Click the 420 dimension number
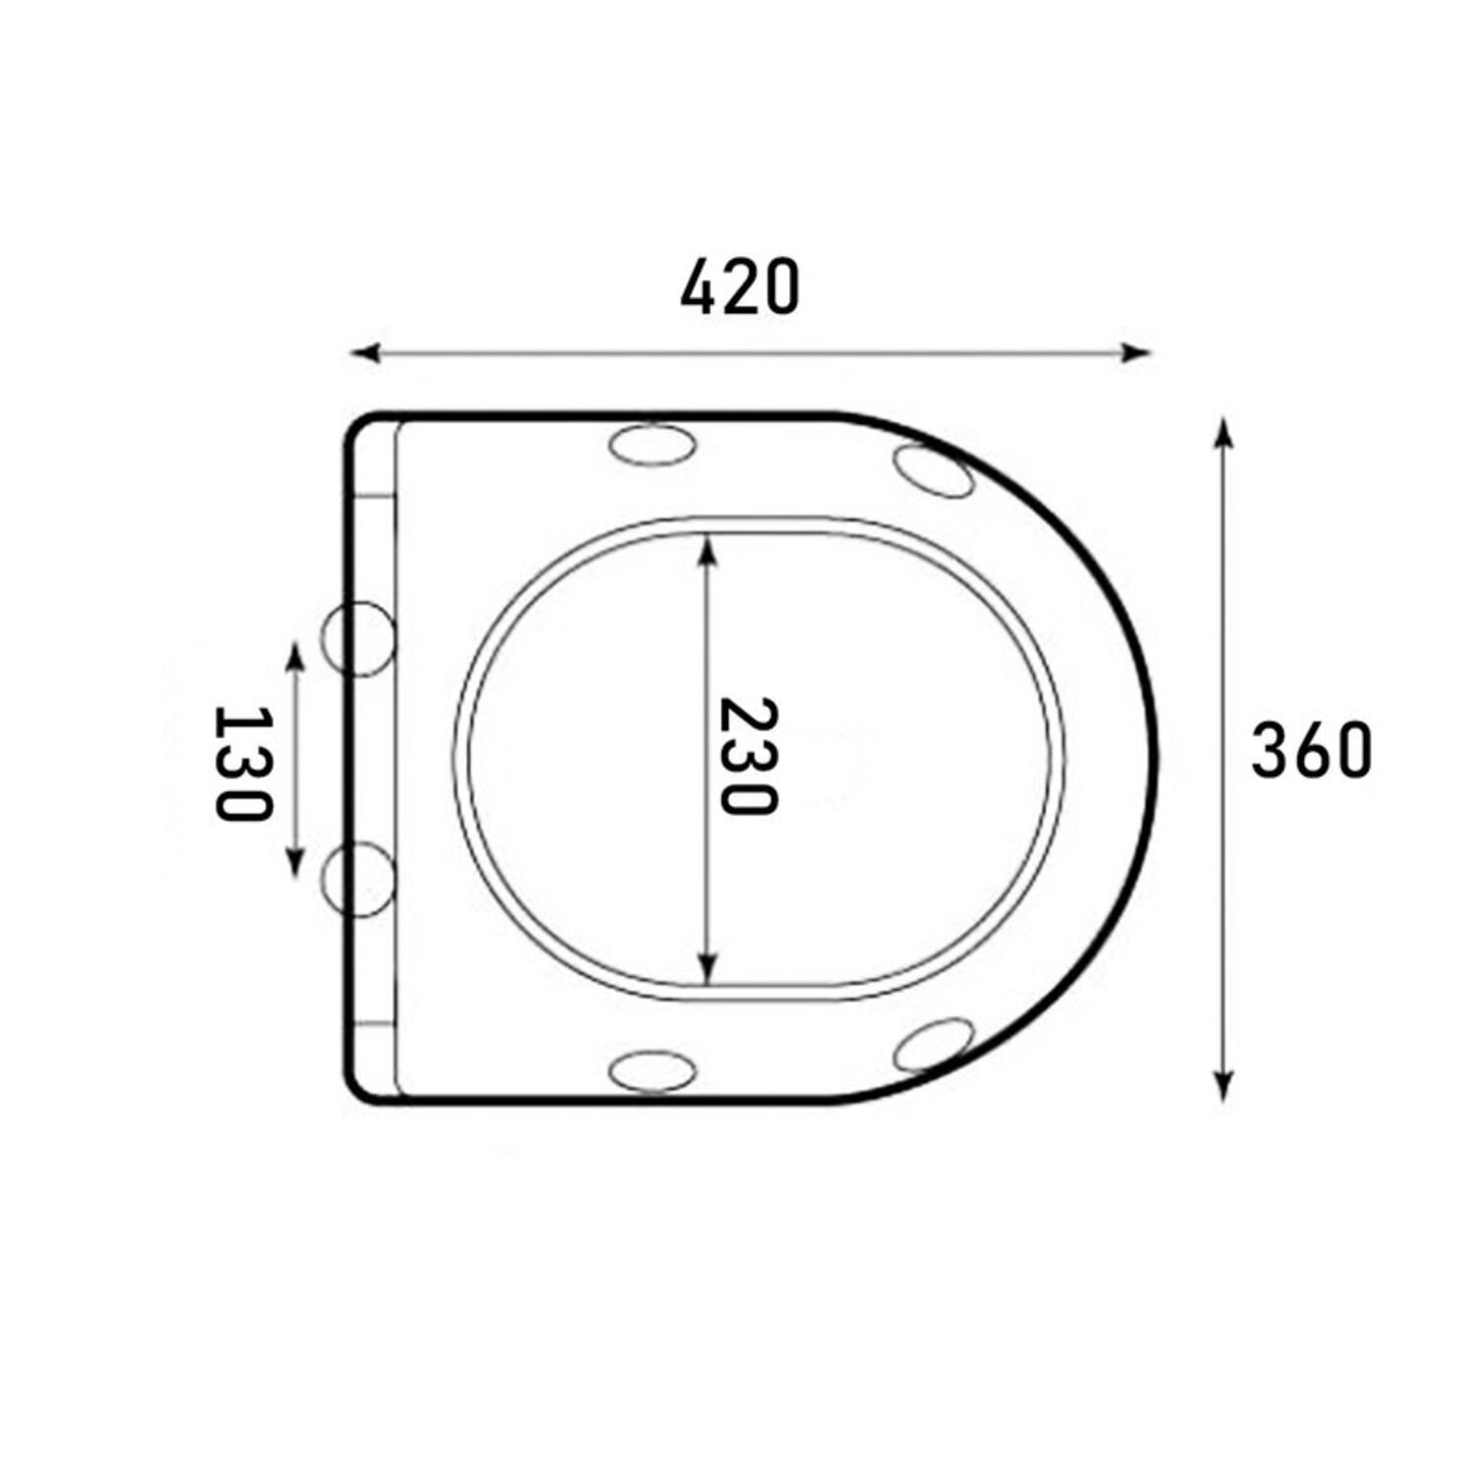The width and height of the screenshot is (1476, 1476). pyautogui.click(x=740, y=288)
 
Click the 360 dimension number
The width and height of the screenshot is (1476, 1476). pyautogui.click(x=1311, y=751)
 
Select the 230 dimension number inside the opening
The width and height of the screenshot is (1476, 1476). pyautogui.click(x=747, y=756)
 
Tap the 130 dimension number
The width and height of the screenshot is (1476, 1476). pyautogui.click(x=240, y=763)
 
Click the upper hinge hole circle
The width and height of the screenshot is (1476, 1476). pyautogui.click(x=359, y=639)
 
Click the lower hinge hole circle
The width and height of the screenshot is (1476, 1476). pyautogui.click(x=359, y=880)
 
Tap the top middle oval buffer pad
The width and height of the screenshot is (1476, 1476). pyautogui.click(x=652, y=444)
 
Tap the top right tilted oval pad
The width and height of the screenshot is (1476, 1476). pyautogui.click(x=934, y=470)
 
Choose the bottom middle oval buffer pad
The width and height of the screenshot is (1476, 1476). pyautogui.click(x=652, y=1070)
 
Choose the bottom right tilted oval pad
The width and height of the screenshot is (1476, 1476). pyautogui.click(x=934, y=1045)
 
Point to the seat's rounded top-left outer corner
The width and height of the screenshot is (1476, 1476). pyautogui.click(x=356, y=426)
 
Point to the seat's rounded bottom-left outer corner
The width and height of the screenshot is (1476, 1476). pyautogui.click(x=356, y=1088)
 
